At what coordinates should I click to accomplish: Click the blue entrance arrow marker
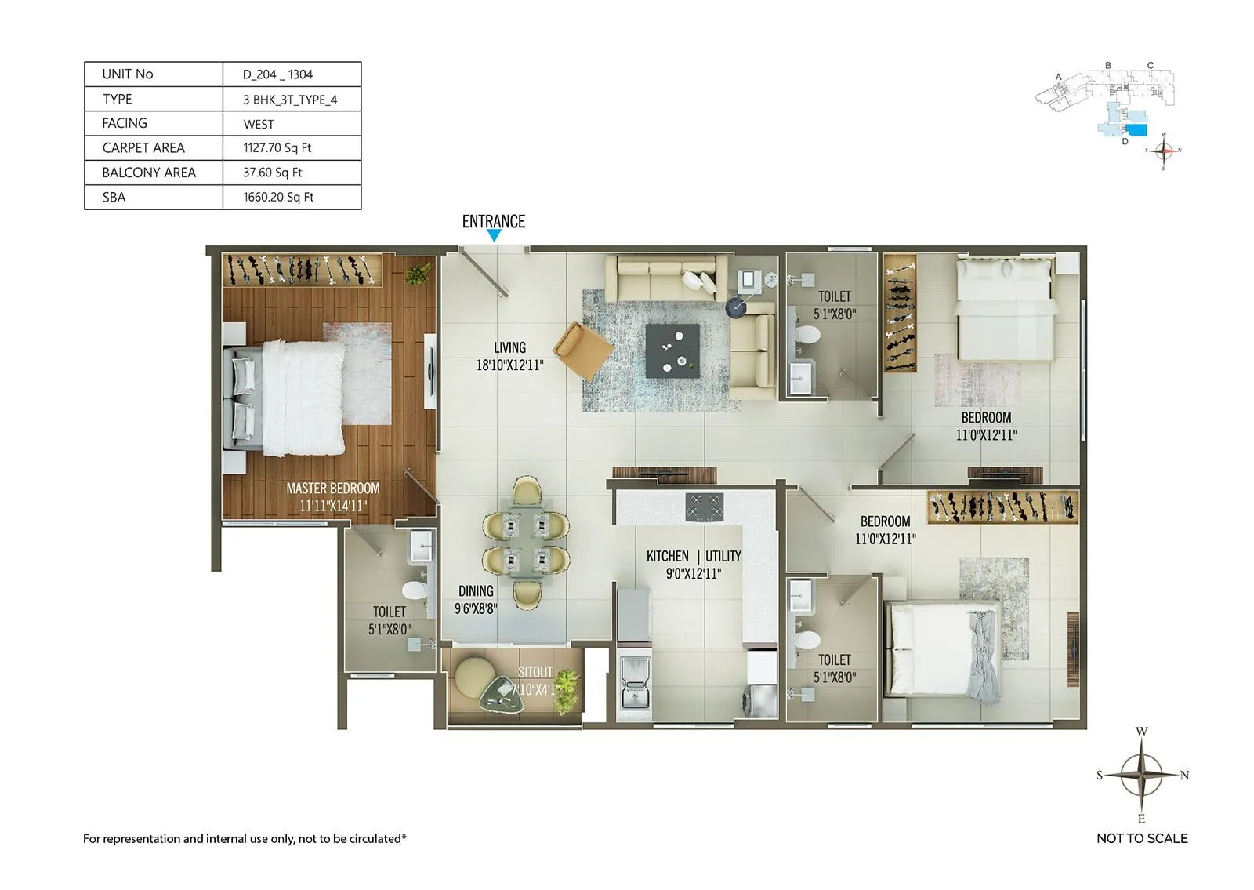pyautogui.click(x=494, y=234)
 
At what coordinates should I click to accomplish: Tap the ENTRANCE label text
pyautogui.click(x=494, y=221)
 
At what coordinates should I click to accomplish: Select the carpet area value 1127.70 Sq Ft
pyautogui.click(x=277, y=147)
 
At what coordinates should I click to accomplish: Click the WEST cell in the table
pyautogui.click(x=259, y=124)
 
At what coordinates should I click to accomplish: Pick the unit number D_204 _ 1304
pyautogui.click(x=277, y=74)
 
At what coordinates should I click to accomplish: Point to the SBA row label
pyautogui.click(x=114, y=198)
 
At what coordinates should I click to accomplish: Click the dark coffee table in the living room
pyautogui.click(x=672, y=351)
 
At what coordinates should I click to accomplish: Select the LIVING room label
pyautogui.click(x=509, y=347)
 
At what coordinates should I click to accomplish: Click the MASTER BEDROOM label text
pyautogui.click(x=333, y=489)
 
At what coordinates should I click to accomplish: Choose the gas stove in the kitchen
pyautogui.click(x=704, y=507)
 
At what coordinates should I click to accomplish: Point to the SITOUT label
pyautogui.click(x=535, y=672)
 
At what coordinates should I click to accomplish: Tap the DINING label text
pyautogui.click(x=476, y=590)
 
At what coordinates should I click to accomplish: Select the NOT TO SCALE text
pyautogui.click(x=1142, y=838)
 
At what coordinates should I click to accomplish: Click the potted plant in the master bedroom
pyautogui.click(x=419, y=274)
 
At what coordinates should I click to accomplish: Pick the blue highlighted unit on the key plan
pyautogui.click(x=1136, y=129)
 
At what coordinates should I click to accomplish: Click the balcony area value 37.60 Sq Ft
pyautogui.click(x=273, y=173)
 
